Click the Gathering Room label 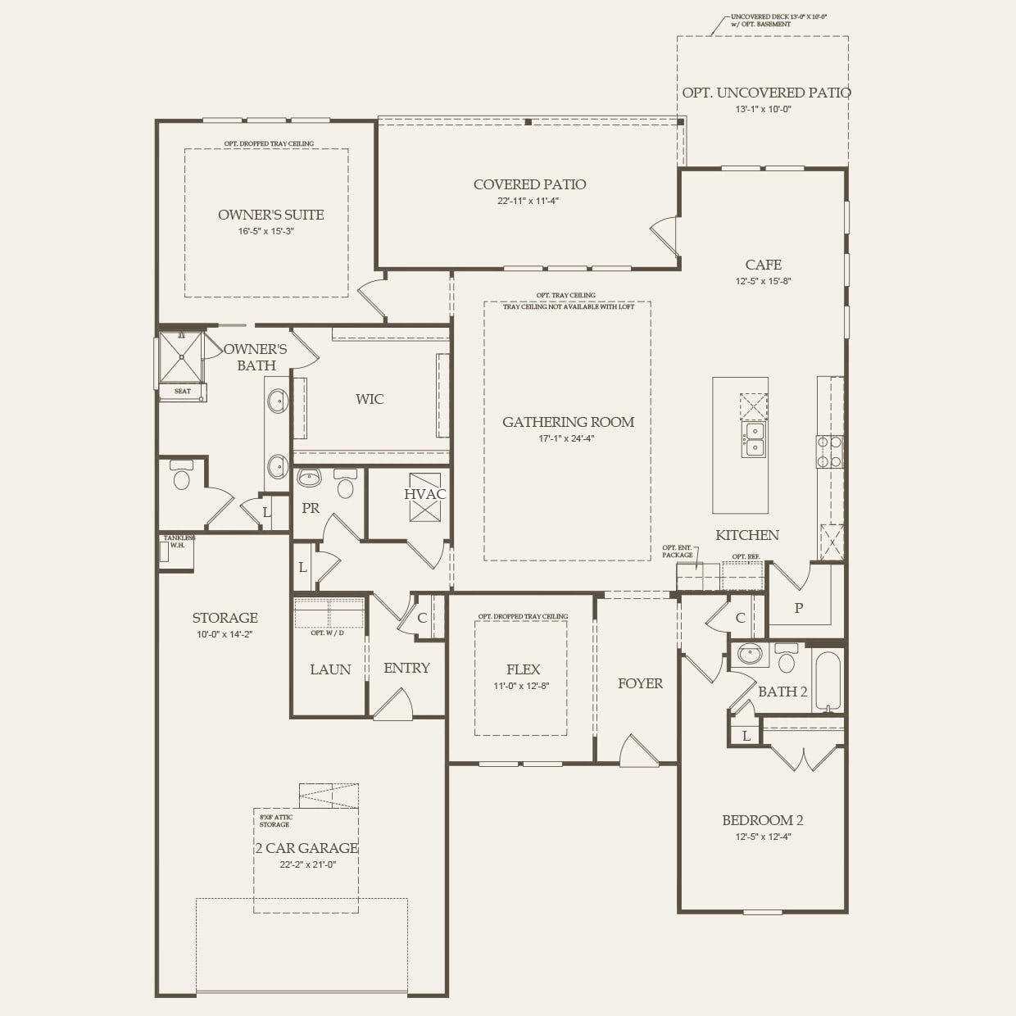(568, 422)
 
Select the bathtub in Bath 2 (828, 680)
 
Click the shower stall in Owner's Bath (181, 357)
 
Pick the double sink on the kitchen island (754, 440)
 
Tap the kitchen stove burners (828, 451)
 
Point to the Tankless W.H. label (178, 541)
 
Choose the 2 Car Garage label (306, 848)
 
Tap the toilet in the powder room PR (345, 486)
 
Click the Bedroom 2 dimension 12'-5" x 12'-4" (763, 837)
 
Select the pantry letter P (799, 608)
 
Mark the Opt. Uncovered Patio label (766, 93)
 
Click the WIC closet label (370, 399)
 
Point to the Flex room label (523, 669)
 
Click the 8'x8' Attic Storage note (275, 820)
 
